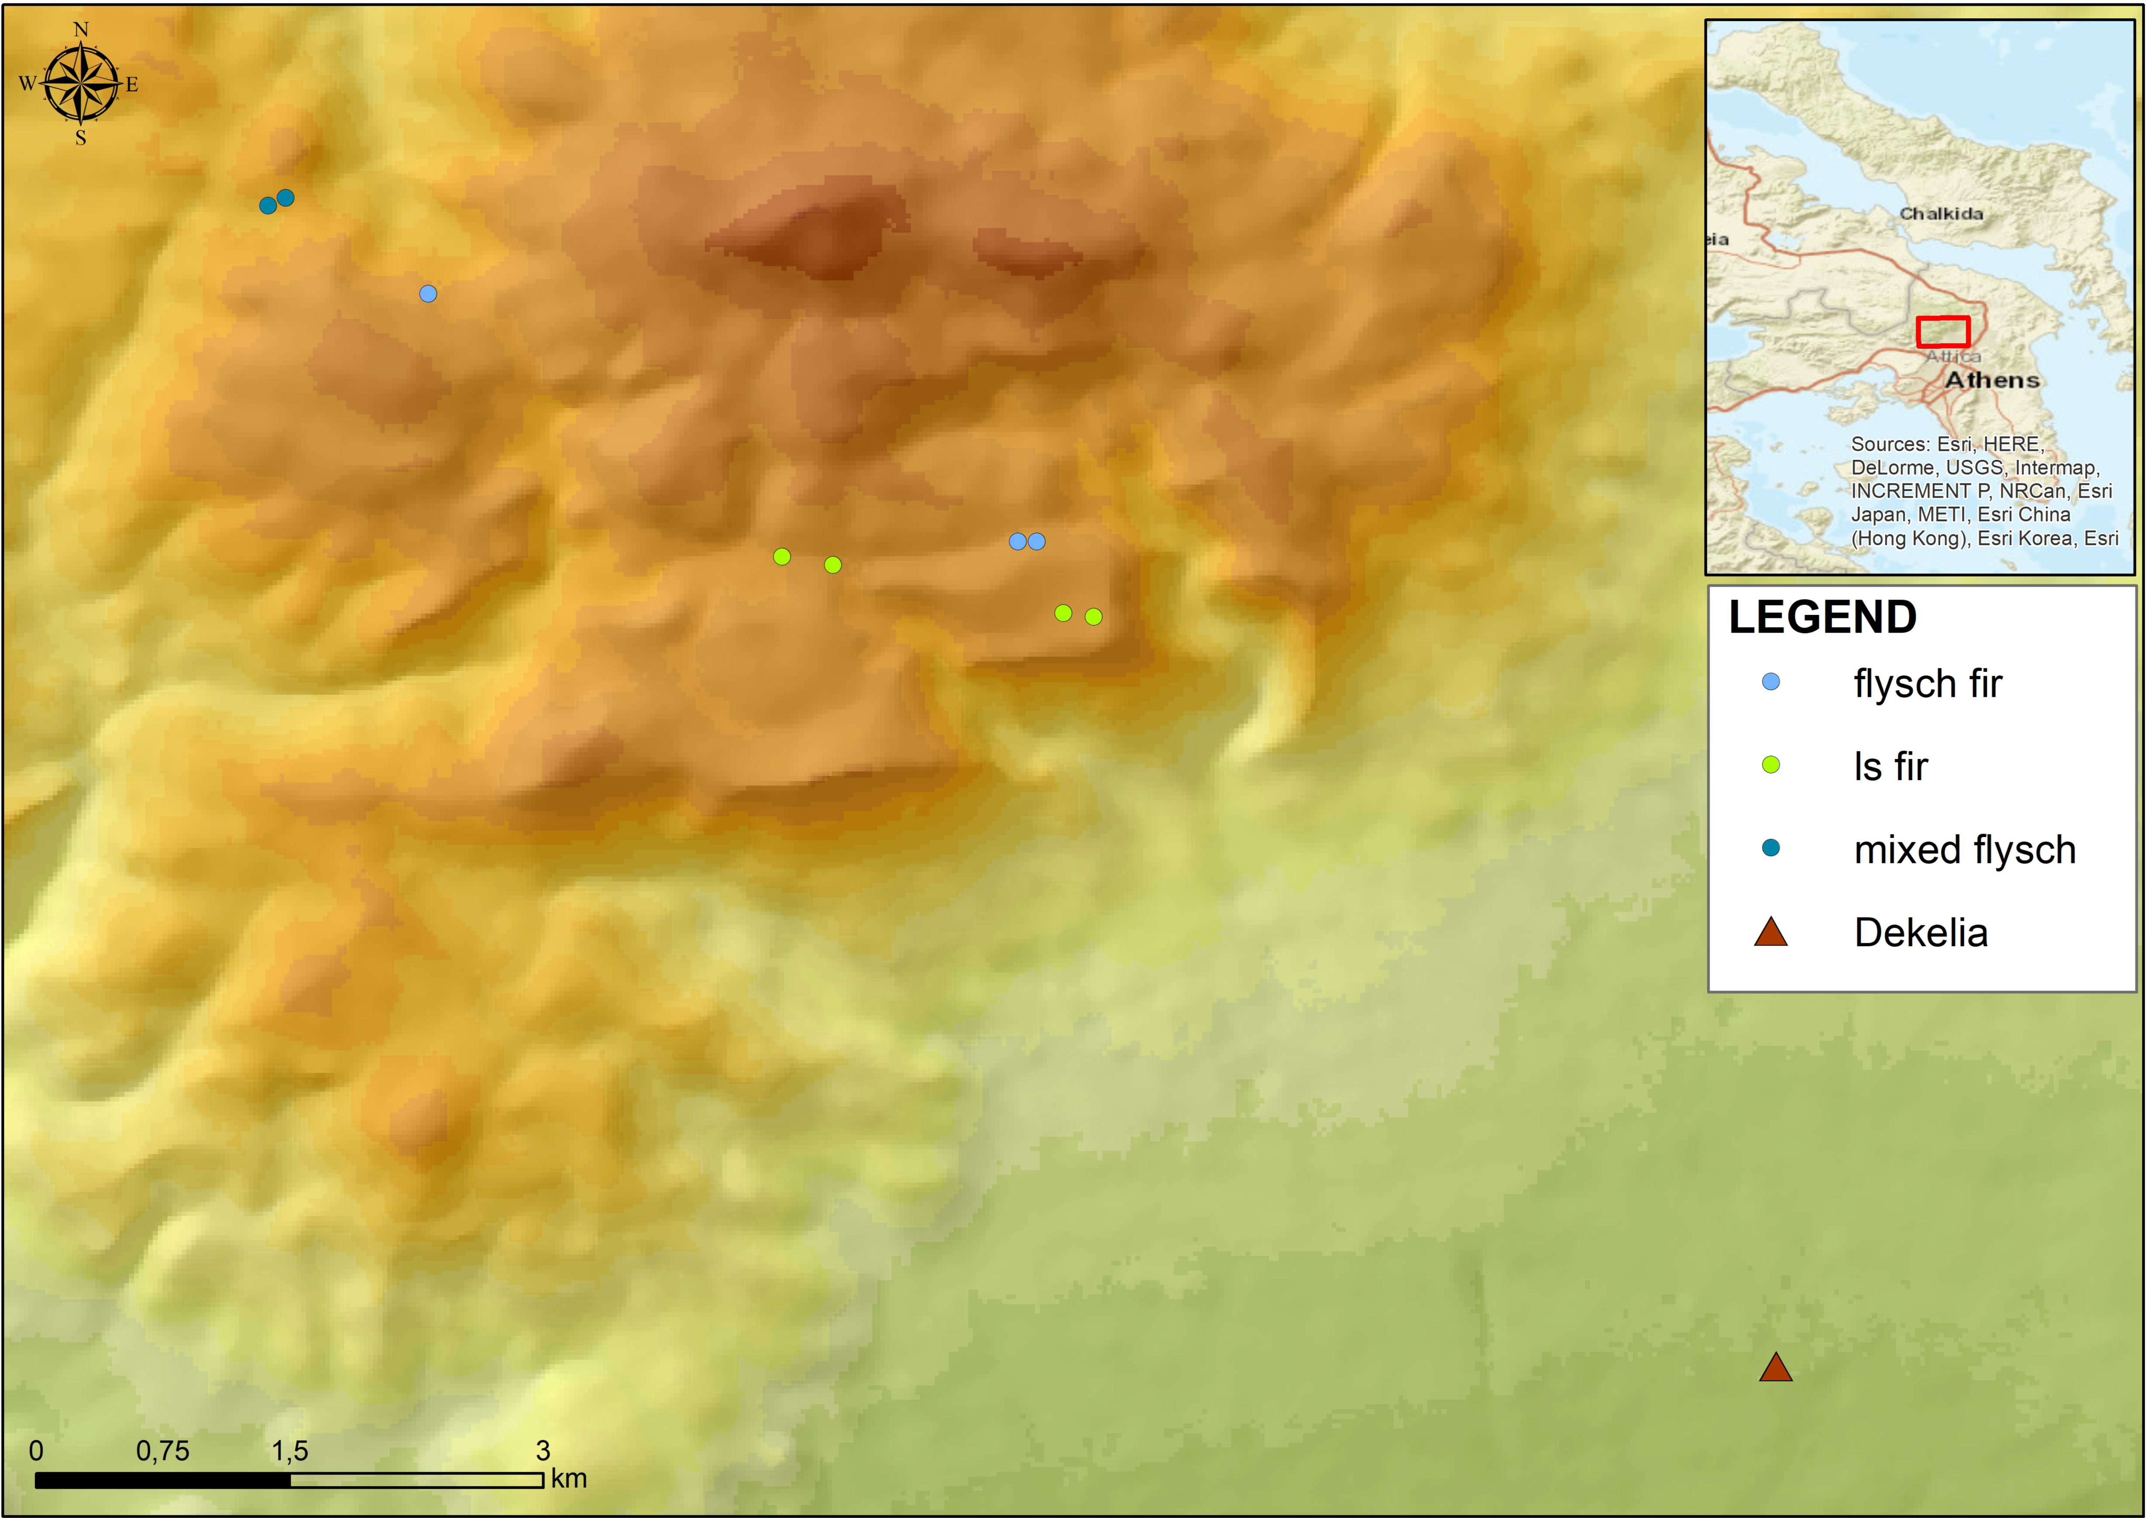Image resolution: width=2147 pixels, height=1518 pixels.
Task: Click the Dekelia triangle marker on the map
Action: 1775,1369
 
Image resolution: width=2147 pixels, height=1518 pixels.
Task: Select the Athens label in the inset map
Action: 1992,380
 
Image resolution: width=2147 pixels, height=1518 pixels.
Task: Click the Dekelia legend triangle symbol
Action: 1770,932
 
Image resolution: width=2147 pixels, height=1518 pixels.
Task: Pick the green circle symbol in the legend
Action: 1770,765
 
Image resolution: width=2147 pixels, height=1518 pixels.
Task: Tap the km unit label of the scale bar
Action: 569,1479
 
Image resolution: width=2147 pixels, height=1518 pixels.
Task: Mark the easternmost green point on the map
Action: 1093,616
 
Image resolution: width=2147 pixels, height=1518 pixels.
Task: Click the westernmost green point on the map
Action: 782,556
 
